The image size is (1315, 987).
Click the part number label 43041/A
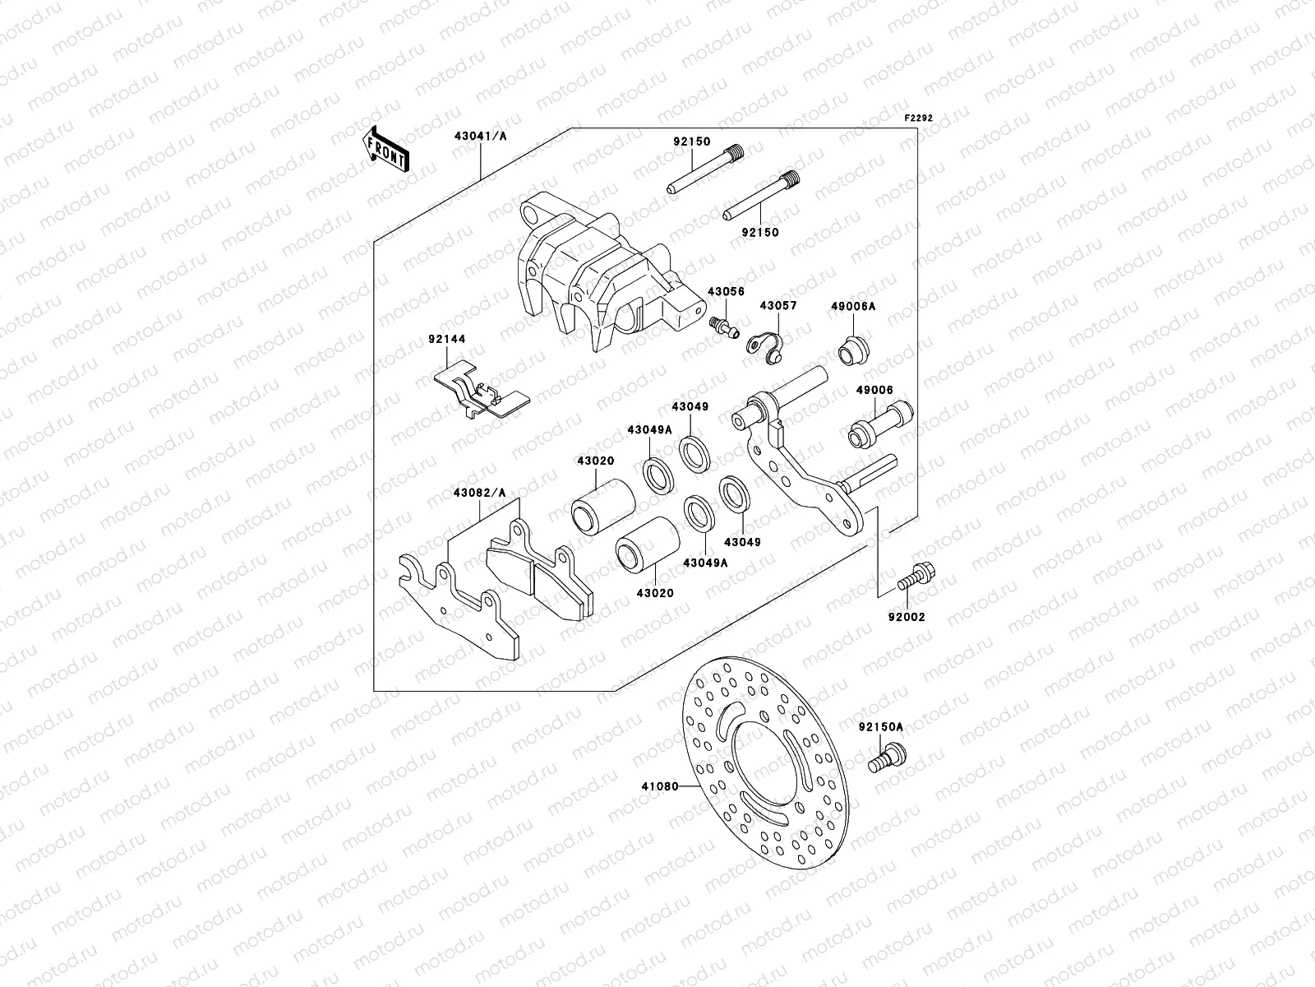point(479,137)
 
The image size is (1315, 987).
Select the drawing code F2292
point(919,118)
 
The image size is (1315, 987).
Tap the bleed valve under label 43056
point(723,327)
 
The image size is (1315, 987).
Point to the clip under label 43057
point(767,347)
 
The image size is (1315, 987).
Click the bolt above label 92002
point(914,577)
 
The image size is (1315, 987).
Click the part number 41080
point(660,786)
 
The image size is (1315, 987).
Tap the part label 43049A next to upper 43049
point(650,429)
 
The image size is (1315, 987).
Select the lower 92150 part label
point(762,233)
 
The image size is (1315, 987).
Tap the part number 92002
point(907,616)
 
